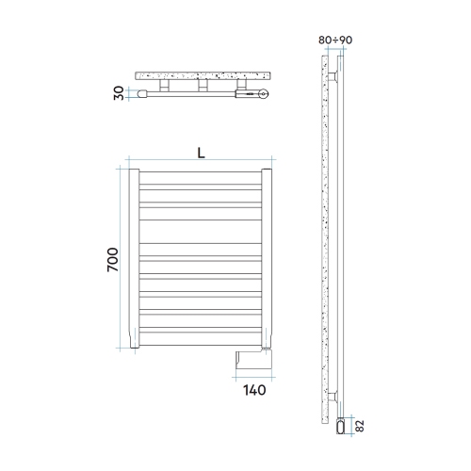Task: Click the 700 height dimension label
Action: pyautogui.click(x=112, y=260)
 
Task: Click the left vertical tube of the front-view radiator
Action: pyautogui.click(x=135, y=260)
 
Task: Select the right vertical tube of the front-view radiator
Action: pyautogui.click(x=267, y=260)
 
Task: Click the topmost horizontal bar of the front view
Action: pyautogui.click(x=201, y=176)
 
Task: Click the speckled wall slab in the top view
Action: pyautogui.click(x=203, y=74)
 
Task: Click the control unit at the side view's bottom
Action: pyautogui.click(x=342, y=429)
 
